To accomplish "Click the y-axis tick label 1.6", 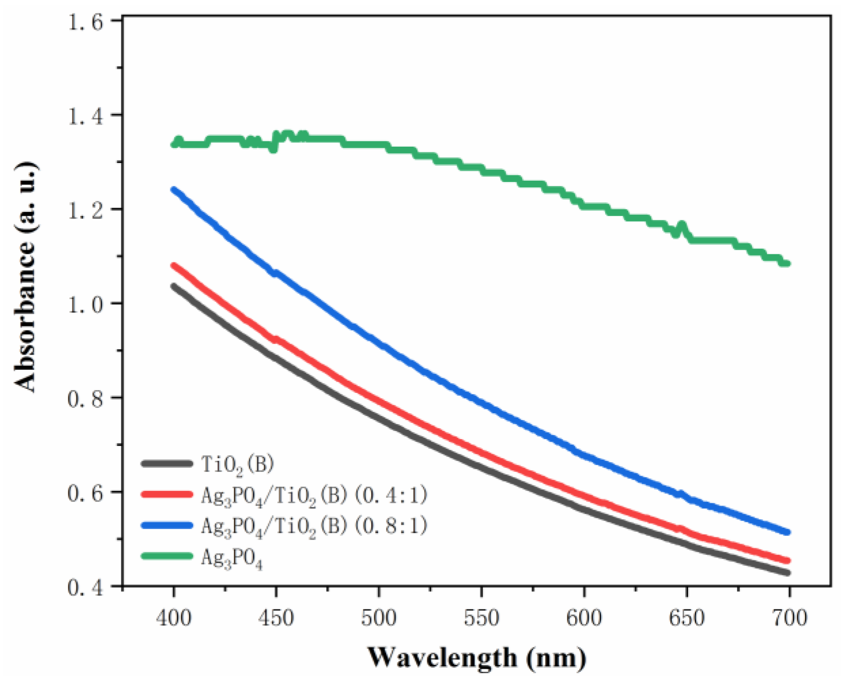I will [x=86, y=22].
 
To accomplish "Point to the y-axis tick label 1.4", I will [x=86, y=116].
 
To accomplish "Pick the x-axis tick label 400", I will [x=173, y=618].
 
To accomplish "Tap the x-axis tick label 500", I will [x=379, y=618].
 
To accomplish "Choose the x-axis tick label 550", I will [x=482, y=618].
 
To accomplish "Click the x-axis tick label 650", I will [x=687, y=618].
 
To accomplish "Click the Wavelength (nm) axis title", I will [x=477, y=658].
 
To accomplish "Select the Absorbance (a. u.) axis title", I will [x=26, y=277].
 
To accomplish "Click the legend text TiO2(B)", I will [x=237, y=464].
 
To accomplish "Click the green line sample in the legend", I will [x=167, y=556].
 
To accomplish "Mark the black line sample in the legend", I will [x=167, y=463].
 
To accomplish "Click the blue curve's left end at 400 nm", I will [x=174, y=190].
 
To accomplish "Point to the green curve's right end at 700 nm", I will [x=787, y=263].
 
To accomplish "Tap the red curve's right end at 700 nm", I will [x=787, y=561].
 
